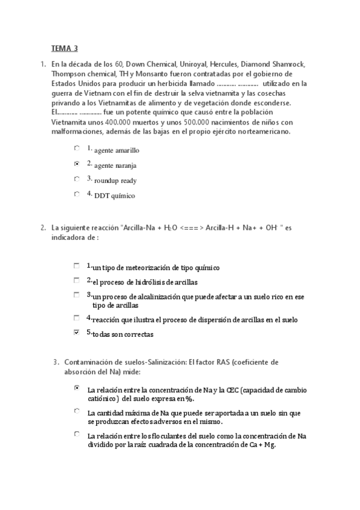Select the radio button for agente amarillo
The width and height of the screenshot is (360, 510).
coord(76,147)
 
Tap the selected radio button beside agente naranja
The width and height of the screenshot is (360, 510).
coord(76,163)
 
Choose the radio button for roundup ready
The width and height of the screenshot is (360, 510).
coord(76,179)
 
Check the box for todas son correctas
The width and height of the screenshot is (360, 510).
coord(76,332)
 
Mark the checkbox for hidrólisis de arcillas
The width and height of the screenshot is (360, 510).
coord(76,280)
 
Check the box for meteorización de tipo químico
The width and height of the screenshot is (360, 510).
coord(76,265)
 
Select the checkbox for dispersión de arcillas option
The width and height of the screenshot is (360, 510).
coord(76,317)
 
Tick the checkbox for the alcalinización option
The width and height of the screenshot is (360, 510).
coord(76,295)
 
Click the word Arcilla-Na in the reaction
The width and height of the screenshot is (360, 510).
coord(139,228)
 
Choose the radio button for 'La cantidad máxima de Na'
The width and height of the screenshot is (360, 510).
coord(76,411)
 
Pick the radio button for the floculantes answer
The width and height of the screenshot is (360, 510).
coord(76,434)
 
